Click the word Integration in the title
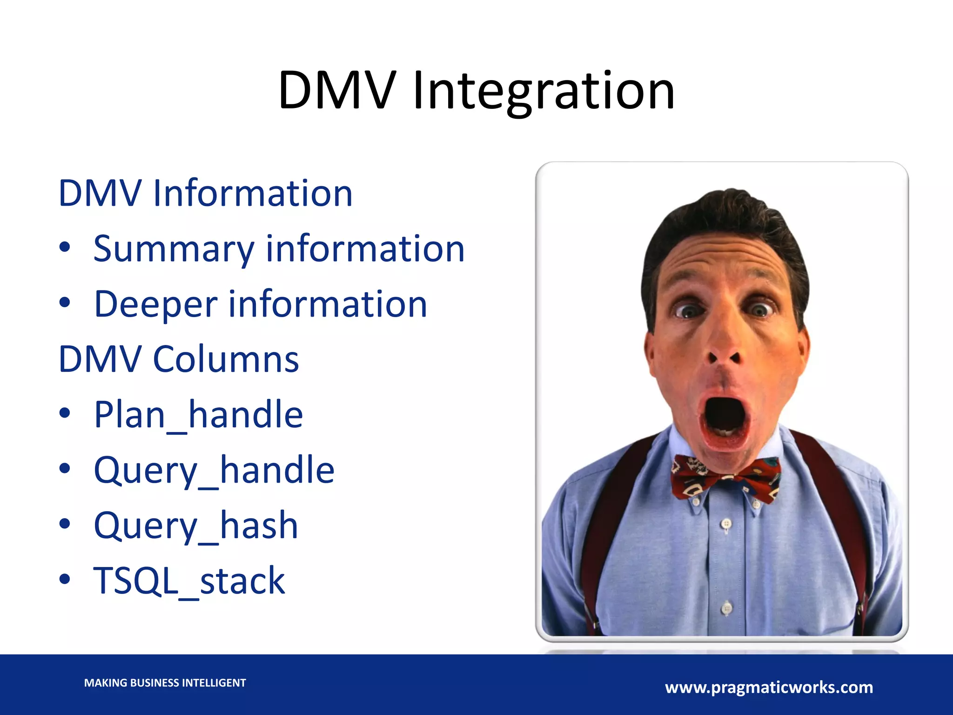click(544, 91)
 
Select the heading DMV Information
click(205, 193)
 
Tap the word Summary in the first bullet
click(173, 250)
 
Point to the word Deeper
click(155, 304)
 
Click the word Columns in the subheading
click(226, 359)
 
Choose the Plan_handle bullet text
click(198, 415)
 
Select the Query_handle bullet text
click(214, 470)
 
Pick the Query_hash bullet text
click(196, 526)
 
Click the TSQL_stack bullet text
click(189, 581)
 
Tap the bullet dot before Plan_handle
click(65, 413)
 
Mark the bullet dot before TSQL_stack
click(65, 579)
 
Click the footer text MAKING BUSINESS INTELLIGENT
click(165, 683)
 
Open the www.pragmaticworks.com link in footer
click(769, 688)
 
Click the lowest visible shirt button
click(727, 607)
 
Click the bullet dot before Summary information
click(65, 248)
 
